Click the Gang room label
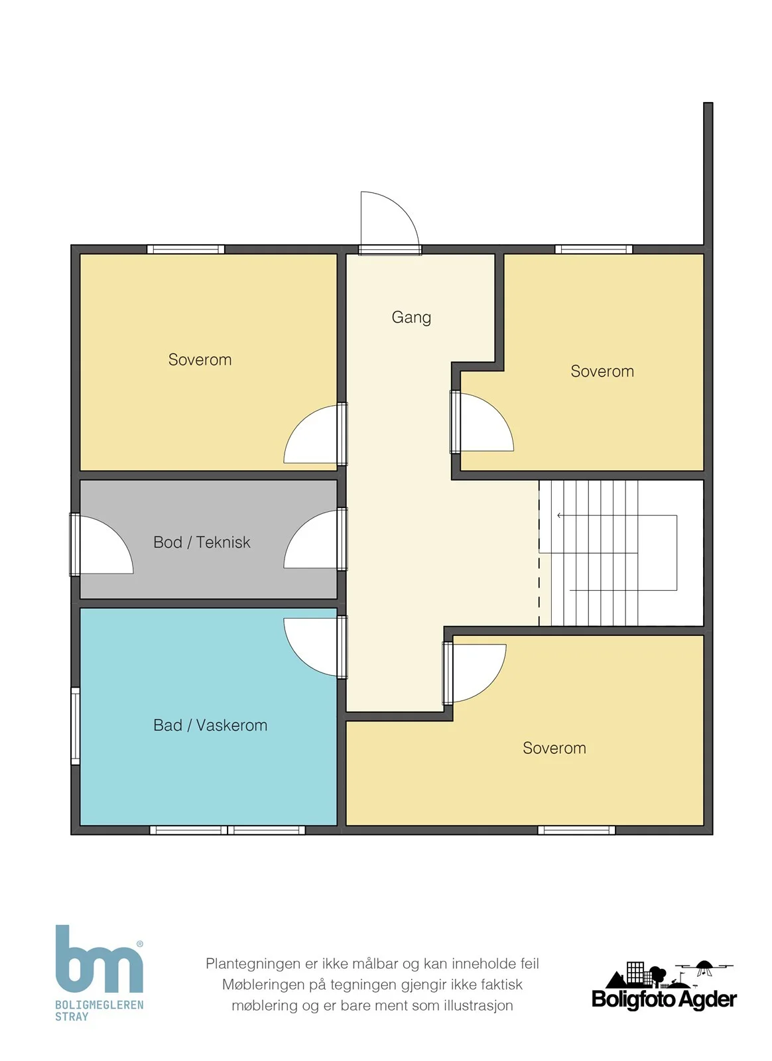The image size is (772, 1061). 411,318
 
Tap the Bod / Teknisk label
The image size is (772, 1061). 202,542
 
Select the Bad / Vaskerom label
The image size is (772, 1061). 210,725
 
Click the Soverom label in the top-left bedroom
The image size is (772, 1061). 200,359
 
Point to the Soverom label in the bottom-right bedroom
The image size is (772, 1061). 554,748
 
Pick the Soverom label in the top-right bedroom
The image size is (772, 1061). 602,371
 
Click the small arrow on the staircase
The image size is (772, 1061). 560,515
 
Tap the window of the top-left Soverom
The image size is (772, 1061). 186,249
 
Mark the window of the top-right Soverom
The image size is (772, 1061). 594,249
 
